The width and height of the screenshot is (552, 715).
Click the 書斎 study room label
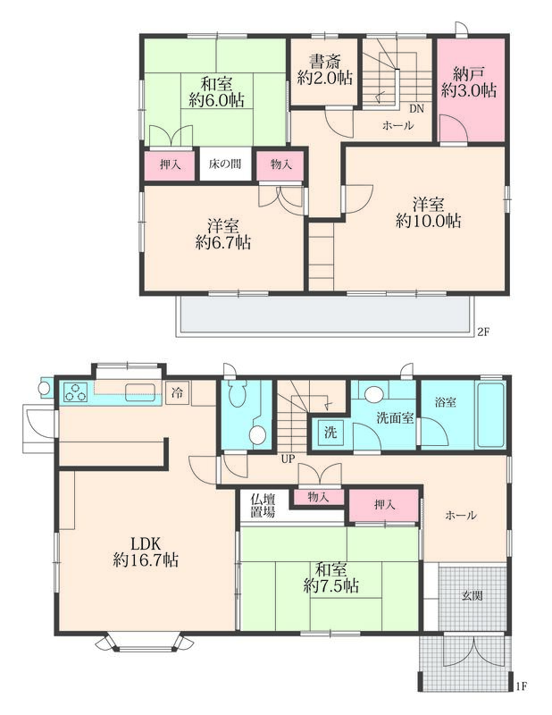(x=325, y=63)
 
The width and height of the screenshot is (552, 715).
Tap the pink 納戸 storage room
(x=472, y=90)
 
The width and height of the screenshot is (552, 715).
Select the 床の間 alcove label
(x=225, y=164)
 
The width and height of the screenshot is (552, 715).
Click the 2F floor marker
(x=483, y=332)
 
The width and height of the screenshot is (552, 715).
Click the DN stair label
(x=416, y=109)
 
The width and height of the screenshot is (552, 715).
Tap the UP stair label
(x=289, y=458)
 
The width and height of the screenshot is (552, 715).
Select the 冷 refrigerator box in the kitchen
(x=178, y=392)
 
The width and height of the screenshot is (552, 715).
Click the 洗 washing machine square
(x=330, y=432)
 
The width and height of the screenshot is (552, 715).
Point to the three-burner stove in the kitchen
(x=76, y=391)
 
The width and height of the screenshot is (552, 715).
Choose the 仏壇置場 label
(x=263, y=505)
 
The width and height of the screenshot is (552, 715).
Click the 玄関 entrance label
(x=473, y=595)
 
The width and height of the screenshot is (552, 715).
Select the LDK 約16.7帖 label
(x=146, y=551)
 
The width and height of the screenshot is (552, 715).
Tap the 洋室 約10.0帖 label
(x=428, y=213)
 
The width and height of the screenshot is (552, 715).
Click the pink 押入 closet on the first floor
(x=384, y=505)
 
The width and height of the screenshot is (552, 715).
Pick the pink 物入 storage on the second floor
(x=280, y=164)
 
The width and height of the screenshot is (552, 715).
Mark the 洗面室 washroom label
(x=395, y=417)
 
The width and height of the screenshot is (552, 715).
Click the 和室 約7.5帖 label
(x=330, y=577)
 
